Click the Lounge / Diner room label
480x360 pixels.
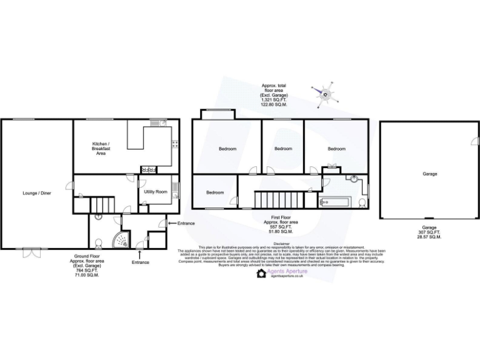coord(37,193)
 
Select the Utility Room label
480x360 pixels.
coord(155,191)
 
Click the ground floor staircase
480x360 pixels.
coord(101,204)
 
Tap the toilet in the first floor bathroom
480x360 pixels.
coord(362,202)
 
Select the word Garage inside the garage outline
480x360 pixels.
coord(429,174)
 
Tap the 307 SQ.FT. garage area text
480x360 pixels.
coord(429,232)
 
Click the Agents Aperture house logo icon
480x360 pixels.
coord(262,273)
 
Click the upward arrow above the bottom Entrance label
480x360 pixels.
coord(139,254)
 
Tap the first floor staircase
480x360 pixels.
coord(265,199)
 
